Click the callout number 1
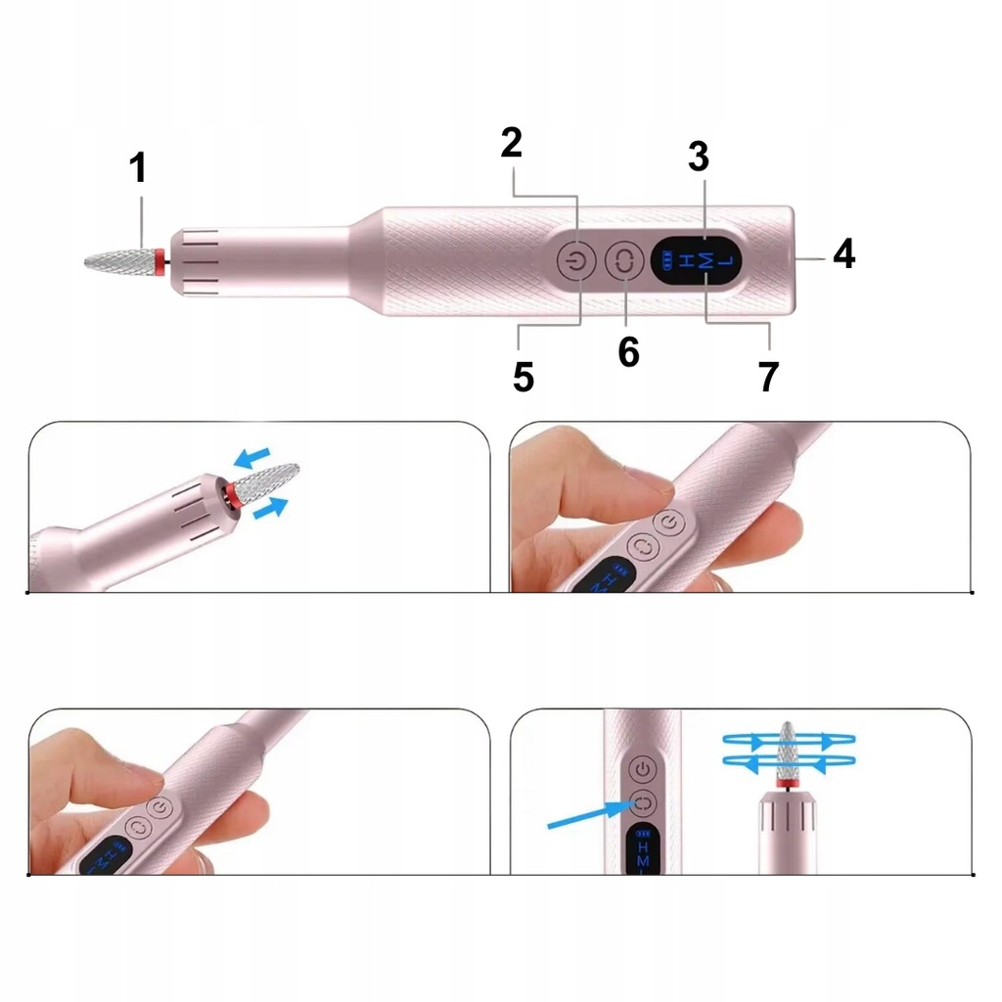138,167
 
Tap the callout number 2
511,142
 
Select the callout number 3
699,157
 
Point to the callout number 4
844,253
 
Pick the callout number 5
524,377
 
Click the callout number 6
629,351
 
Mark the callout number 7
769,377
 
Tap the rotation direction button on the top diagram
624,260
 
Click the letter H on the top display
686,260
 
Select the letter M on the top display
706,260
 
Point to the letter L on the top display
726,260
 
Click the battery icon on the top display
667,260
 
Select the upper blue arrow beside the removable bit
251,458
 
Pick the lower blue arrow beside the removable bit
270,509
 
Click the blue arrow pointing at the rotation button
592,815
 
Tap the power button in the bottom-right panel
643,769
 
